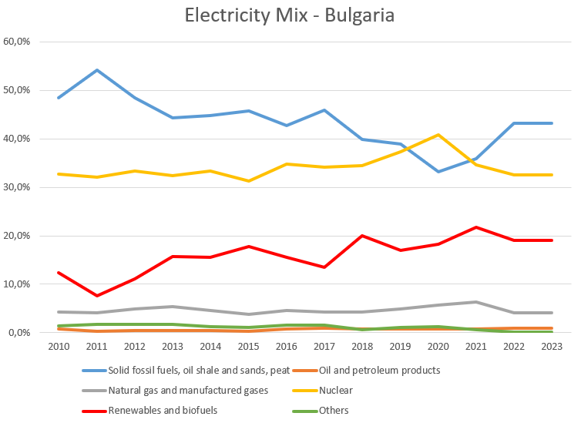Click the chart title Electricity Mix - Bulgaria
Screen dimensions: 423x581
(290, 15)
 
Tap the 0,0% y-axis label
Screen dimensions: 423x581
(19, 333)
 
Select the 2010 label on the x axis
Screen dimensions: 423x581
(59, 347)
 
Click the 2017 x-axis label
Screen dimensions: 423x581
(323, 347)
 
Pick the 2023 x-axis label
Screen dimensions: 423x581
(550, 347)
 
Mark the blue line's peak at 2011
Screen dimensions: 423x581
(96, 70)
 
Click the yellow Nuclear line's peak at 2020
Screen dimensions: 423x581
(437, 135)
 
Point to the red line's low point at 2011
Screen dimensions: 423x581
(96, 296)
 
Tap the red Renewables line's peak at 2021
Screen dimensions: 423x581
(475, 227)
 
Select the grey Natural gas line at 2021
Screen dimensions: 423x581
(475, 302)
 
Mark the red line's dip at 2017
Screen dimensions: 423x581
(323, 267)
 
